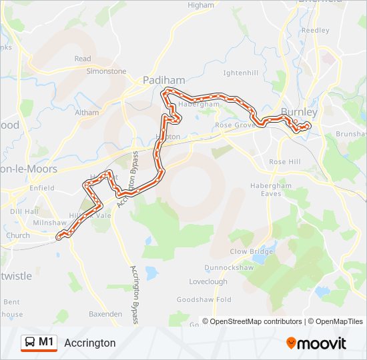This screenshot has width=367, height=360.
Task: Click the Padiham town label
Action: pos(163,81)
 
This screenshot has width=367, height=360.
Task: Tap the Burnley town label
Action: pos(299,112)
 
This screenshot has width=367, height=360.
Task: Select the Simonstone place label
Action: pos(106,71)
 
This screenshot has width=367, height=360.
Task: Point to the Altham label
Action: pos(87,113)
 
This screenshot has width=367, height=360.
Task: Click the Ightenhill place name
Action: pos(240,71)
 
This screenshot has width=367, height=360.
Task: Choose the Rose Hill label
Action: pos(285,162)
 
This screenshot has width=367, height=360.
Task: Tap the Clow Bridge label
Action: pos(252,252)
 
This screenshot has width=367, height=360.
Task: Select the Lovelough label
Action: pos(208,282)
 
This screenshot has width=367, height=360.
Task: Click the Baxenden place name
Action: pos(105,313)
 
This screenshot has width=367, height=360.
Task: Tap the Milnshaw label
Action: pos(50,223)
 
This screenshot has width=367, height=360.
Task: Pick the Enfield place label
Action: pos(41,189)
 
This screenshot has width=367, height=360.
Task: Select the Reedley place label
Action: pos(316,31)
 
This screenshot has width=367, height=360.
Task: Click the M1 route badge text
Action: pos(47,342)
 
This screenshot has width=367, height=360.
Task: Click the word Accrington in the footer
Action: pos(90,343)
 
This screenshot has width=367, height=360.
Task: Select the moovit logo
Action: pos(316,343)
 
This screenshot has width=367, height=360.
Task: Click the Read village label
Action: pos(83,59)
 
